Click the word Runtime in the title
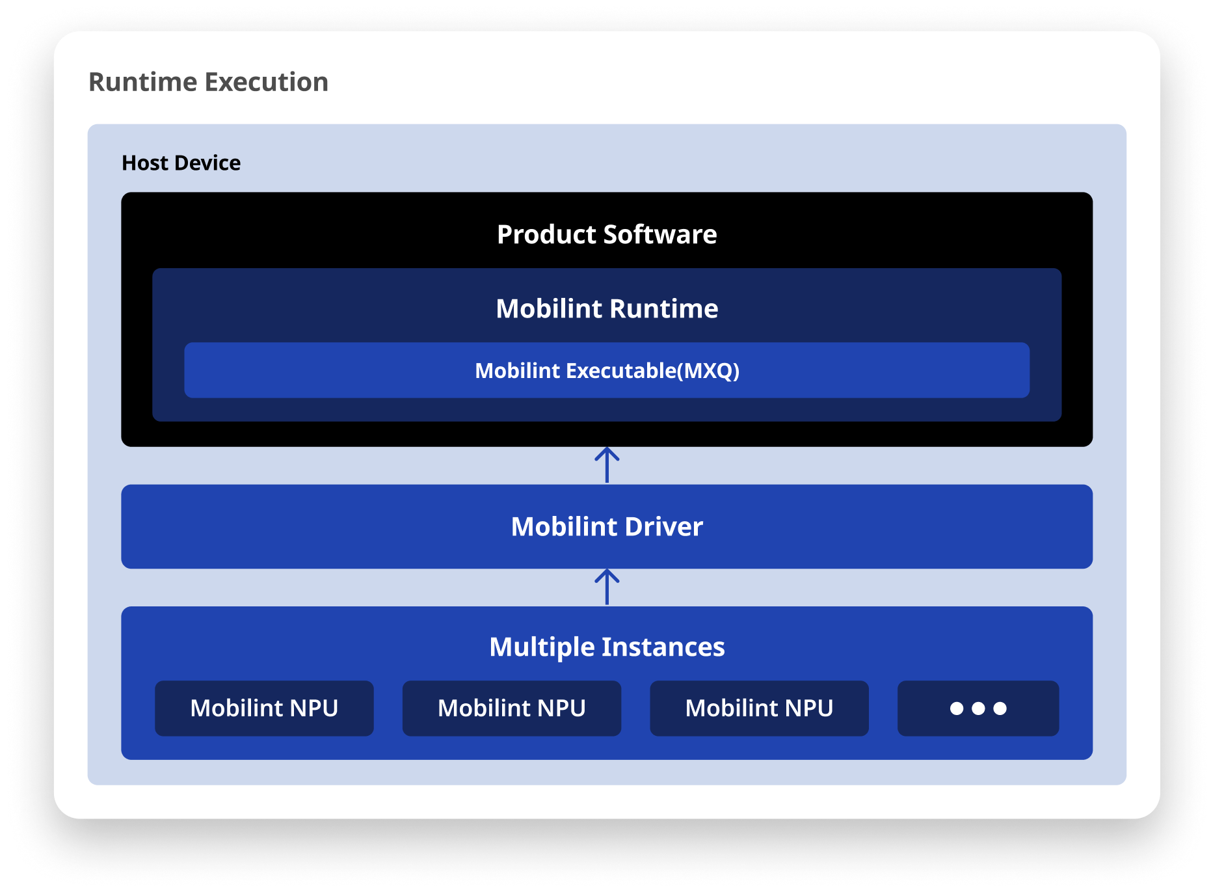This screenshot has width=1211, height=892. (142, 83)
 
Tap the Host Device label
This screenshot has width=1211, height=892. (181, 163)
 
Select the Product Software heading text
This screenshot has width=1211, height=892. (606, 234)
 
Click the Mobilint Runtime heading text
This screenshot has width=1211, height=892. (606, 308)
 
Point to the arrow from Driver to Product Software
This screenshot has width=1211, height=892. (607, 465)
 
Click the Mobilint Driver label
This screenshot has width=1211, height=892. (606, 526)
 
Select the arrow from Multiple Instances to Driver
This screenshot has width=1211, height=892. (607, 588)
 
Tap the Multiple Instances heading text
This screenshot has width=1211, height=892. (606, 647)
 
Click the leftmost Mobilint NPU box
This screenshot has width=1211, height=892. (264, 708)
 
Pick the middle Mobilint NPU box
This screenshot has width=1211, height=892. (511, 708)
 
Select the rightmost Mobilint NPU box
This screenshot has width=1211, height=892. (759, 708)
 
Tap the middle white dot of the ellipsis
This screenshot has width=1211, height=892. (978, 709)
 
